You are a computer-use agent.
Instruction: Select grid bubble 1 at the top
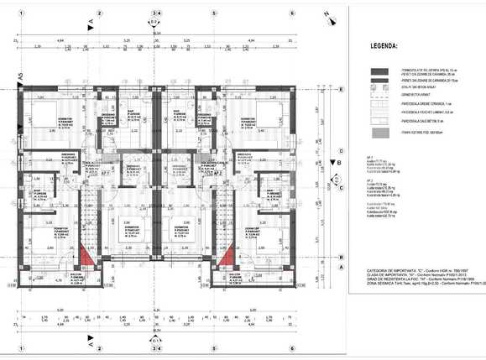click(14, 13)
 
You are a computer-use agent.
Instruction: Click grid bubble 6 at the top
click(291, 13)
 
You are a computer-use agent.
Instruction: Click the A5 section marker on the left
click(20, 77)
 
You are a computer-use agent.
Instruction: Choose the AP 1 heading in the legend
click(369, 156)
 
